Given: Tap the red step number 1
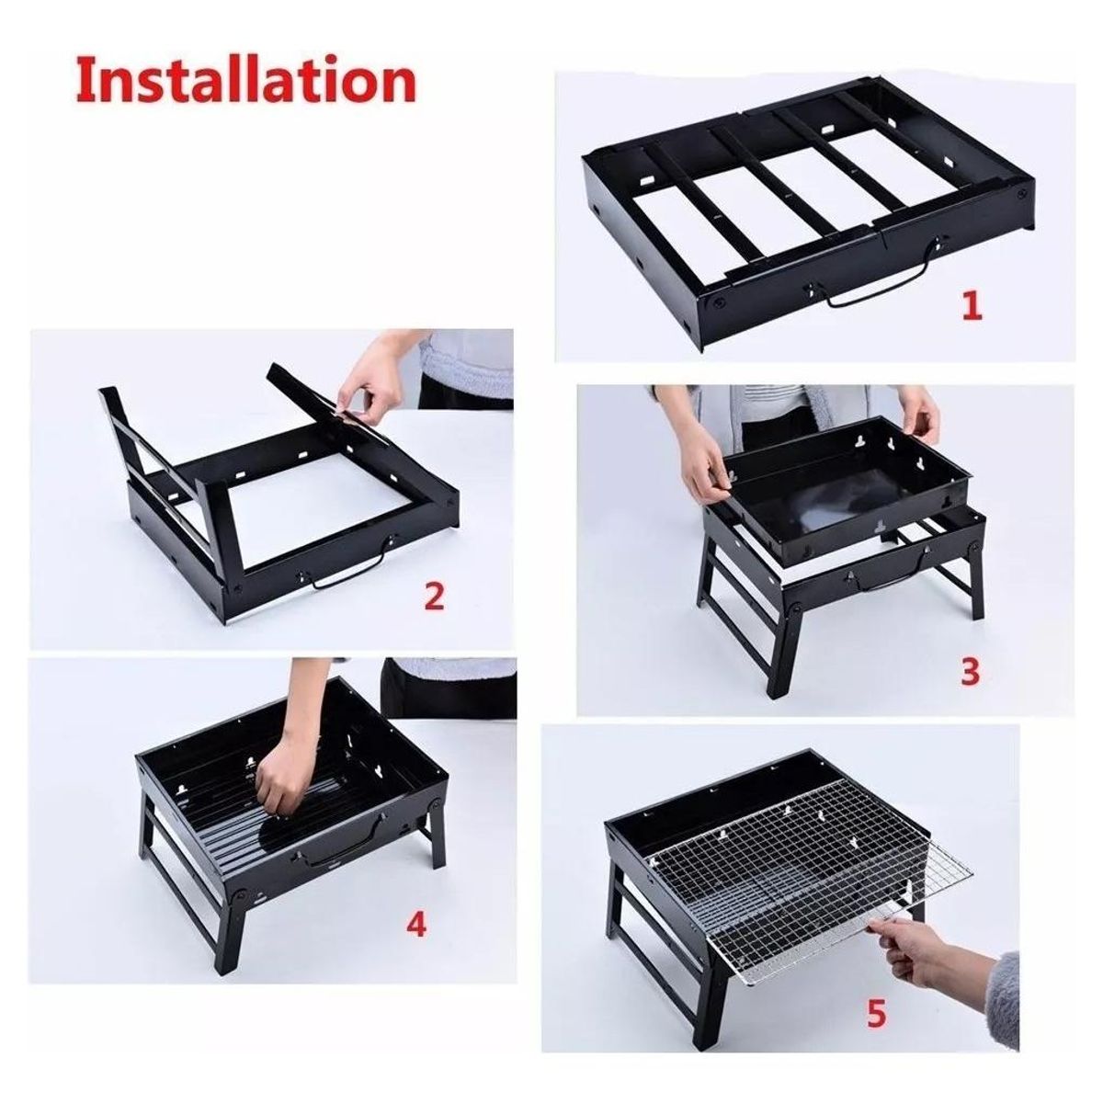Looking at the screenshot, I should tap(972, 305).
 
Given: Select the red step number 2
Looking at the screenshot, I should tap(433, 597).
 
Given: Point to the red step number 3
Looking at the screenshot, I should tap(970, 672).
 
